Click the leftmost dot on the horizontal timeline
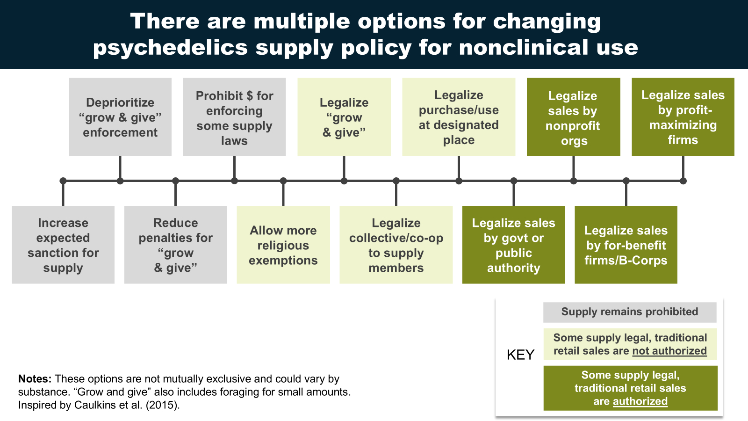63,181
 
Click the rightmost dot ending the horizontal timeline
683,181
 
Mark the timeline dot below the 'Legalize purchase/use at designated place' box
459,181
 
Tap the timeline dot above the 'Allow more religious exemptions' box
283,181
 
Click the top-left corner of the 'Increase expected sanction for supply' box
12,206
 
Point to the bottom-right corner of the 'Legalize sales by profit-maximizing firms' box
734,156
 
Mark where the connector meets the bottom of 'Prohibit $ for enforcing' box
234,156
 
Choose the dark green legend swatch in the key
631,388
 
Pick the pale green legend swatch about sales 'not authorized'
630,344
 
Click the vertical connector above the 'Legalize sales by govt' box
514,194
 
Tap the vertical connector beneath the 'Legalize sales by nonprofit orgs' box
573,168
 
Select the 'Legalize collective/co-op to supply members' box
396,245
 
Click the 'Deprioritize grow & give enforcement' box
120,116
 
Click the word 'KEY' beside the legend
521,355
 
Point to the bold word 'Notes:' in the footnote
35,379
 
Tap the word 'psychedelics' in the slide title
170,47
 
